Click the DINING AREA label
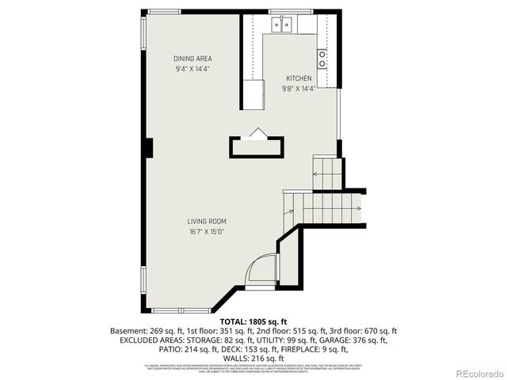tap(193, 59)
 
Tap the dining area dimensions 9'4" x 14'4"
tap(193, 69)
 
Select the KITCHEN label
tap(299, 78)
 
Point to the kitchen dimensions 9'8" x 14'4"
tap(299, 89)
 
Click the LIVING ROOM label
tap(207, 221)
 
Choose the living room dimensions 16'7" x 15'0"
tap(207, 232)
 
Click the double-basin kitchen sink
tap(281, 25)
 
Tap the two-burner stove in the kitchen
tap(322, 58)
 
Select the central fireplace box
tap(256, 147)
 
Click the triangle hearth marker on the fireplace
tap(256, 134)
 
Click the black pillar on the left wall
tap(147, 146)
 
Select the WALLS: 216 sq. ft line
tap(253, 359)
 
